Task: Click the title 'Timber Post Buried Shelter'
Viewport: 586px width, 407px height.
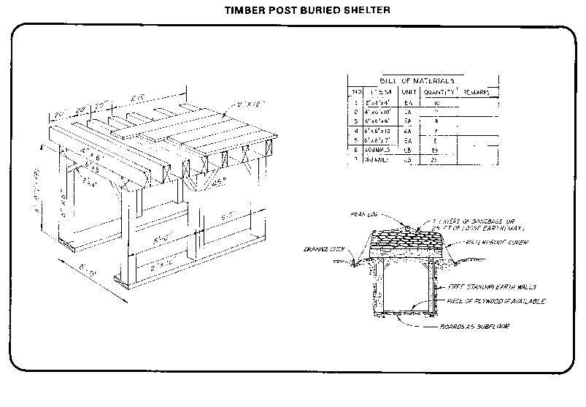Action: pos(292,10)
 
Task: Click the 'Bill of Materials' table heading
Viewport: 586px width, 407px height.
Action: pos(417,80)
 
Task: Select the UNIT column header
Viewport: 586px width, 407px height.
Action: pos(409,92)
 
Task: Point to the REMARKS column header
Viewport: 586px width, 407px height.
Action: pos(474,92)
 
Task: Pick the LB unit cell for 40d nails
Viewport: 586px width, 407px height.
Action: pos(409,149)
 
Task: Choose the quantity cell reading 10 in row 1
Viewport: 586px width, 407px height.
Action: pos(436,103)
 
